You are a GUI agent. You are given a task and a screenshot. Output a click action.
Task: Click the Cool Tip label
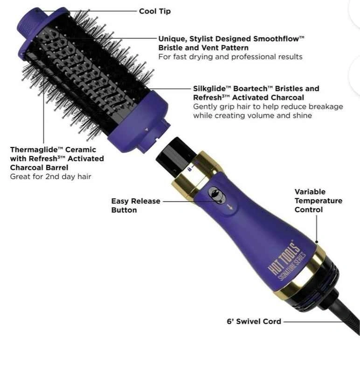155,11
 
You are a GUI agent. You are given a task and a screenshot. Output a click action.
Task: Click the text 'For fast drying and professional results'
230,57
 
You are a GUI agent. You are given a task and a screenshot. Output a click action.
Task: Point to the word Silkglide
212,89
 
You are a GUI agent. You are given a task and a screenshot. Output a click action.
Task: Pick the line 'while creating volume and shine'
252,116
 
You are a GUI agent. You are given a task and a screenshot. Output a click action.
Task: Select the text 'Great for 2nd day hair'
50,177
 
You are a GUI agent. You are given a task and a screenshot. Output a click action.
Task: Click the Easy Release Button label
136,206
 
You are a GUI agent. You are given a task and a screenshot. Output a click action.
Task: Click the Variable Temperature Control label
318,201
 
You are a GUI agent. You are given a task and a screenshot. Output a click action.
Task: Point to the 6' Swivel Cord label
254,321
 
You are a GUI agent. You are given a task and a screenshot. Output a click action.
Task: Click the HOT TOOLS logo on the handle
284,258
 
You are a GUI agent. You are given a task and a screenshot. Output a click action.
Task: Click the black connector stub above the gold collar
175,155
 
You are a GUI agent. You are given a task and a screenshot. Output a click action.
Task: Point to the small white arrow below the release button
230,206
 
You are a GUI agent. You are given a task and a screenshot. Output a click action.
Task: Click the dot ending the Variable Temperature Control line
317,242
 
